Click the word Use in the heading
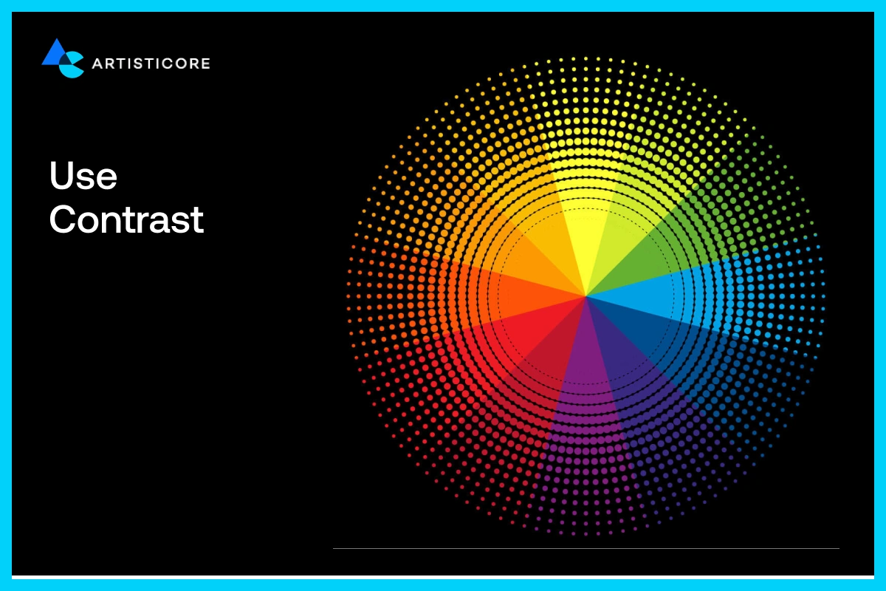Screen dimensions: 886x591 click(x=83, y=175)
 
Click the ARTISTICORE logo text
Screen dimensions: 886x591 click(x=151, y=64)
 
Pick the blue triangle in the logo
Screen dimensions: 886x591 click(x=56, y=53)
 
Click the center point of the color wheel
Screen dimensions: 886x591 click(x=585, y=296)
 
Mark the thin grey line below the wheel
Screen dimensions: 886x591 click(x=586, y=548)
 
